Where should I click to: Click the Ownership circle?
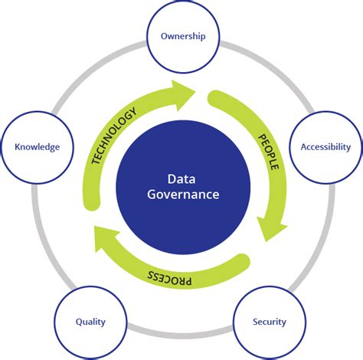pos(182,37)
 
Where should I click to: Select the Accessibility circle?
pos(325,146)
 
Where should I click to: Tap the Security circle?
pos(270,322)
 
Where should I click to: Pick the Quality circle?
pos(90,322)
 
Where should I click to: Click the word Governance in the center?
pos(182,195)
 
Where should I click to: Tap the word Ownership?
pos(182,37)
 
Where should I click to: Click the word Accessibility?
pos(325,146)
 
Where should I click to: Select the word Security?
pos(270,322)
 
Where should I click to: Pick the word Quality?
pos(90,322)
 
